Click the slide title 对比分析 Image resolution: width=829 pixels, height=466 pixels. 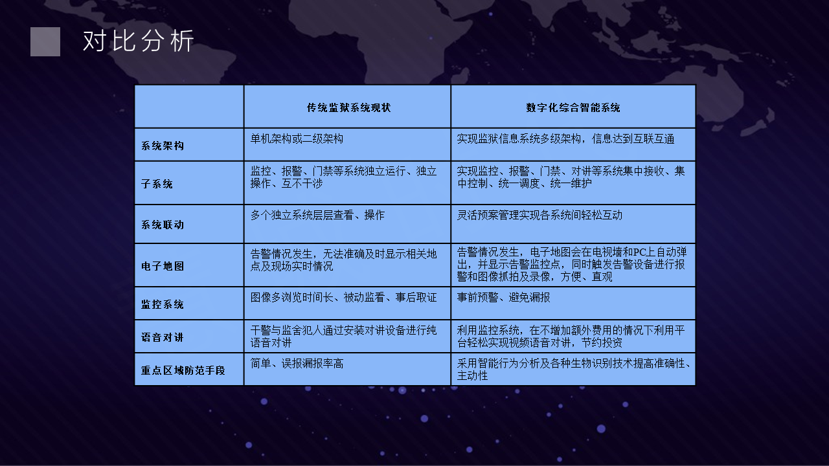tap(138, 41)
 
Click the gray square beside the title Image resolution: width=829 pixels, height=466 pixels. tap(45, 41)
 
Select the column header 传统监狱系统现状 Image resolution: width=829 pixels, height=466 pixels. tap(348, 107)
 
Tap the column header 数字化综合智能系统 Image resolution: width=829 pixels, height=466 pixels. tap(573, 107)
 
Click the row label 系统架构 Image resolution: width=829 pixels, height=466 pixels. tap(163, 146)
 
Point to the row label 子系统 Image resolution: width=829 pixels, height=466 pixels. tap(157, 184)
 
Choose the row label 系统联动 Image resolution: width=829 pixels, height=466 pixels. tap(163, 225)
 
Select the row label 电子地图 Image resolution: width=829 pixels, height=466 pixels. tap(163, 266)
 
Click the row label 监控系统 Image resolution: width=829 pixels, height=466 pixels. tap(163, 304)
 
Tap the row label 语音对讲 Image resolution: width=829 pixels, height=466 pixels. tap(163, 337)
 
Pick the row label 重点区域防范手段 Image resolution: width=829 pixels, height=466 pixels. tap(183, 370)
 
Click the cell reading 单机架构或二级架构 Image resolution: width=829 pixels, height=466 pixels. tap(297, 139)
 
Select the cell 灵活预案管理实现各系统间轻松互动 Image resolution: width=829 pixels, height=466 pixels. tap(539, 215)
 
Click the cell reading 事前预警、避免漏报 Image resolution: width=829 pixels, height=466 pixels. tap(503, 297)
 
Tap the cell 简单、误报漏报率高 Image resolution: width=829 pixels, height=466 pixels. tap(297, 364)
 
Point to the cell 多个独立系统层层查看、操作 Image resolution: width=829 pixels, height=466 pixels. tap(317, 215)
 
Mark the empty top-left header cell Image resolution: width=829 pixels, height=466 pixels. tap(189, 107)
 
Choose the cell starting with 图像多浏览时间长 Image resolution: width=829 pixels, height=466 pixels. tap(343, 297)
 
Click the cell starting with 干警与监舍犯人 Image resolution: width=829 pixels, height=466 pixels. tap(343, 336)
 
